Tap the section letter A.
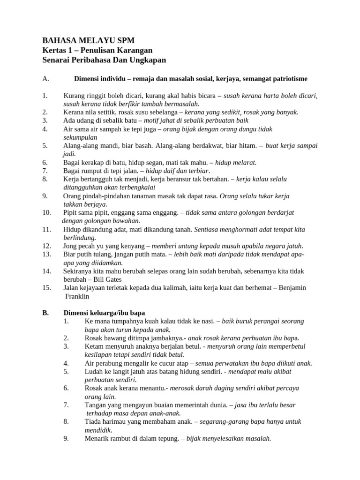(45, 79)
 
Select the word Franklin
(77, 296)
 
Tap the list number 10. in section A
(46, 212)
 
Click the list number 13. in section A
(46, 254)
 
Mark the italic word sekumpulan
(80, 137)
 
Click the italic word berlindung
(80, 238)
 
